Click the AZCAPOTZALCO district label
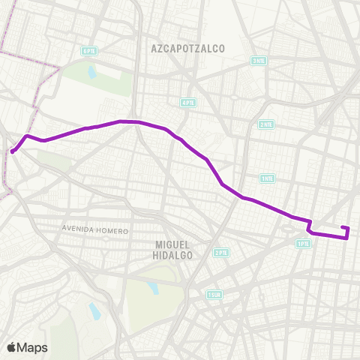coord(188,48)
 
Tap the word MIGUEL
coord(174,244)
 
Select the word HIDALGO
coord(174,255)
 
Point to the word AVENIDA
coord(79,230)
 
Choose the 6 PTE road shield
coord(89,51)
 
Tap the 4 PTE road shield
coord(187,102)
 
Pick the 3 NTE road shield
coord(259,61)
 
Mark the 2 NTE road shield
coord(265,124)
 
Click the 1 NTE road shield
coord(267,178)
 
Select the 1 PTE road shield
coord(303,243)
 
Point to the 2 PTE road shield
coord(220,253)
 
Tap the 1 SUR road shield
coord(215,295)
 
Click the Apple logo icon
coord(12,347)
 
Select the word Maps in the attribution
coord(32,347)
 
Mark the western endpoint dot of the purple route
coord(13,151)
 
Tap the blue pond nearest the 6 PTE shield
coord(91,73)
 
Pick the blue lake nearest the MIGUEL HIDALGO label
coord(153,288)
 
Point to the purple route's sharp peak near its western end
coord(28,136)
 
